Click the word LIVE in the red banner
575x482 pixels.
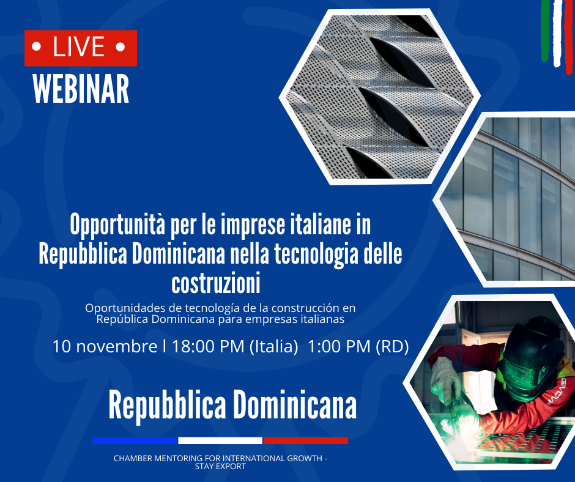[79, 47]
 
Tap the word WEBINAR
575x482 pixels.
[81, 89]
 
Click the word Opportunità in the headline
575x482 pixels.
[117, 225]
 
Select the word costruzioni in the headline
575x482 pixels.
[216, 283]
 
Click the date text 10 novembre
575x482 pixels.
[105, 346]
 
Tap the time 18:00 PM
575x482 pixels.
[208, 346]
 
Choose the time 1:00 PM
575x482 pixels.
[339, 346]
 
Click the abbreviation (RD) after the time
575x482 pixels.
[392, 347]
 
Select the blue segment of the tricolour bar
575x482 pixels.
[135, 440]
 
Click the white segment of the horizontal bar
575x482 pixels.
[220, 440]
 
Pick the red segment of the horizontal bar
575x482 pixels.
[306, 440]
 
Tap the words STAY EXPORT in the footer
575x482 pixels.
[220, 467]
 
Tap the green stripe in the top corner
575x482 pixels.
[545, 30]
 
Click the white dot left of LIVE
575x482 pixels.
[36, 47]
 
